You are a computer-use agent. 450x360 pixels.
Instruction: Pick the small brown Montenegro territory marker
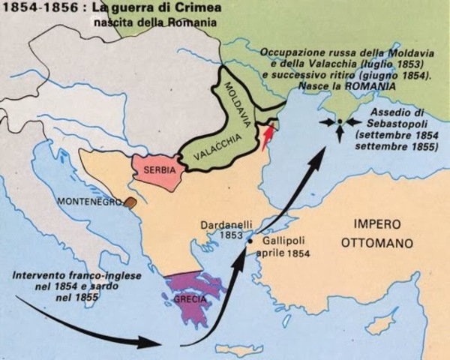131,201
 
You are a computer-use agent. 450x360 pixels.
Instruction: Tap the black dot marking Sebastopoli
339,121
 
